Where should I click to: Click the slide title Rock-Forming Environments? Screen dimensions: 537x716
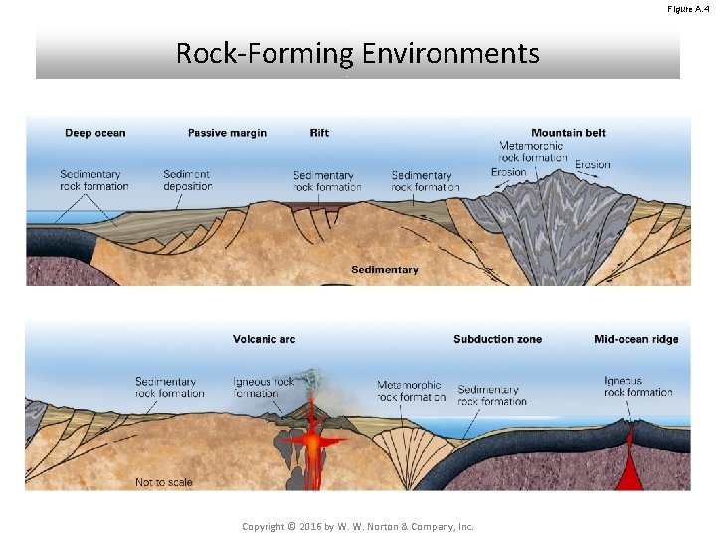point(357,53)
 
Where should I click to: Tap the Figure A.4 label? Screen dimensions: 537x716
point(688,9)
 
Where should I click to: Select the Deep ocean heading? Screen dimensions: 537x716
point(95,133)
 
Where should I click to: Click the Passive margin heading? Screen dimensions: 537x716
point(227,133)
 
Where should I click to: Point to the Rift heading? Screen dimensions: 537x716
point(319,133)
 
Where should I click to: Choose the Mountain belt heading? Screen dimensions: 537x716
point(568,133)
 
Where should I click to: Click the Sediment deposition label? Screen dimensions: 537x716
point(188,180)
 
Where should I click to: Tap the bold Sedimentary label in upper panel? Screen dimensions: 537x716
point(384,269)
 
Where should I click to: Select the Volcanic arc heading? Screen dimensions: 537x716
point(264,339)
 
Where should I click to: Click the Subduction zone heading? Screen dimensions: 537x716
point(497,339)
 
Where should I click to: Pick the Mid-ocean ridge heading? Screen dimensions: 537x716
point(635,339)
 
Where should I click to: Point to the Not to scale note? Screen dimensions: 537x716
point(164,482)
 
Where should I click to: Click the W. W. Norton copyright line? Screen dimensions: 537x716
point(358,526)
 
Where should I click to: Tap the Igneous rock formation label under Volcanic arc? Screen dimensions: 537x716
point(264,387)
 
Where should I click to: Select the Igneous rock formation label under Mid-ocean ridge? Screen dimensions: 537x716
point(637,386)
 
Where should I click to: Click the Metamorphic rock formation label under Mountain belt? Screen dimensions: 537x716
point(532,152)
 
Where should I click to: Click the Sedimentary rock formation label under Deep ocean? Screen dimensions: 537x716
point(94,180)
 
